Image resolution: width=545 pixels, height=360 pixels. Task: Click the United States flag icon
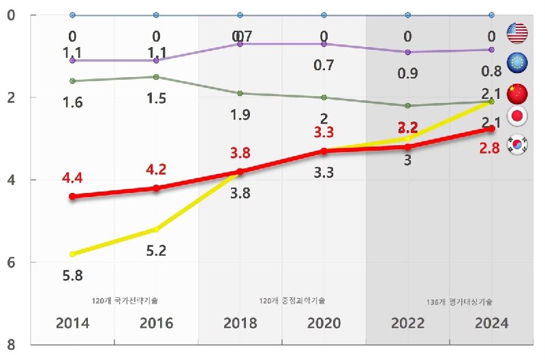(x=518, y=32)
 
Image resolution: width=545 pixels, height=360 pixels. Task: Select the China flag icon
(x=518, y=91)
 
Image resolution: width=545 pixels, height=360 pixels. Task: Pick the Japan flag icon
(x=518, y=117)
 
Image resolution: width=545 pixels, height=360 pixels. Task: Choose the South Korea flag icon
(x=518, y=144)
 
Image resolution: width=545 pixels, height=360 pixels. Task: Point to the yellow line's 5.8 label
(x=73, y=277)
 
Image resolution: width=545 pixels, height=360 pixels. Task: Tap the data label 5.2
(x=157, y=250)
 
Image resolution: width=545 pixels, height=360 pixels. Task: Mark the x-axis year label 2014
(x=73, y=323)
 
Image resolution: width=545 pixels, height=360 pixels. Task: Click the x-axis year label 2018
(x=240, y=323)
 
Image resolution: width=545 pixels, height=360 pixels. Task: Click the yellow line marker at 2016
(x=156, y=229)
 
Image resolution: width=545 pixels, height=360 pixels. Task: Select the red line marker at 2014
(x=73, y=196)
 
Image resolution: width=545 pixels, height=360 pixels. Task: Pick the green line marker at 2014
(x=73, y=81)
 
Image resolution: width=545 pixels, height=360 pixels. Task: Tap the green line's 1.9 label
(x=240, y=115)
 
